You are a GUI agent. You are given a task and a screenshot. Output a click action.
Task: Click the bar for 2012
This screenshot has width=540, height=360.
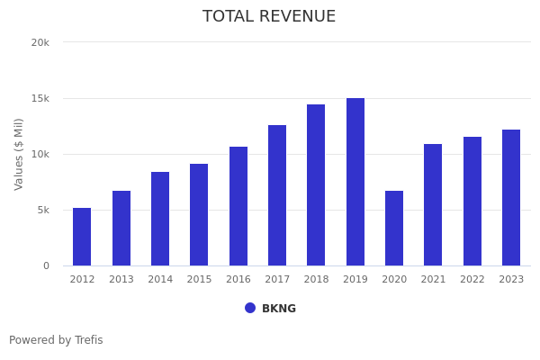(x=82, y=237)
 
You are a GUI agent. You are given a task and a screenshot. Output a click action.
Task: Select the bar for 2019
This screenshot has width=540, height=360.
(x=355, y=182)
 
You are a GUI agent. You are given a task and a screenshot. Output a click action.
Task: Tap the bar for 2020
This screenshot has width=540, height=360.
(x=394, y=228)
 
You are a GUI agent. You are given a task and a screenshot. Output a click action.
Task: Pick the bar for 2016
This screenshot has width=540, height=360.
(x=238, y=206)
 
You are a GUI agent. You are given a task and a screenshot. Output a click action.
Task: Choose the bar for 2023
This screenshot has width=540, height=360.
(x=511, y=197)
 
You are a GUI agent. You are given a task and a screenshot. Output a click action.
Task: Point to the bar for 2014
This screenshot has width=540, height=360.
(x=160, y=219)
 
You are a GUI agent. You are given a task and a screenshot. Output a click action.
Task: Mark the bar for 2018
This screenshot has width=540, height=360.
(x=316, y=184)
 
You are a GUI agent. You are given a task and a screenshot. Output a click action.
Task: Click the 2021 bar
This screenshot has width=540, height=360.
(x=433, y=204)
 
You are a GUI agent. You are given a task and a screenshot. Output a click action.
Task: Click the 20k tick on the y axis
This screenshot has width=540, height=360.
(x=40, y=42)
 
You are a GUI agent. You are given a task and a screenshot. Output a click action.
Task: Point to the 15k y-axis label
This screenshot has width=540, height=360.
(x=40, y=98)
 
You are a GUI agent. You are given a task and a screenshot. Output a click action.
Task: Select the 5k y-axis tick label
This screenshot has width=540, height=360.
(x=42, y=210)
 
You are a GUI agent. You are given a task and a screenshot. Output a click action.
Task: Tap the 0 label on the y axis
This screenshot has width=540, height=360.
(x=45, y=265)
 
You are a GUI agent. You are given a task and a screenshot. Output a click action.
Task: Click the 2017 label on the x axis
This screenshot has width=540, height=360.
(x=277, y=280)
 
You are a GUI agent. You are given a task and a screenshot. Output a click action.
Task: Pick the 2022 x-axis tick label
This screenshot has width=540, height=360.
(x=472, y=280)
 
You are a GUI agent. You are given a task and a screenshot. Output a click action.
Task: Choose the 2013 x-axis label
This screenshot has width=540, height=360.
(x=121, y=280)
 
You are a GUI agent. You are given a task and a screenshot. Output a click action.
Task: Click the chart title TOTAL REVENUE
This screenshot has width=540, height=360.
(x=269, y=17)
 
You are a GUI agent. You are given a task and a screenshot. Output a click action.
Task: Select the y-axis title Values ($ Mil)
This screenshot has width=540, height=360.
(x=19, y=154)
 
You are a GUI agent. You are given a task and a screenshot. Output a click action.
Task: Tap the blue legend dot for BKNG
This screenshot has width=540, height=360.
(x=250, y=308)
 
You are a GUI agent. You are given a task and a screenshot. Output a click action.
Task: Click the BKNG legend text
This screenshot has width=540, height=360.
(x=279, y=309)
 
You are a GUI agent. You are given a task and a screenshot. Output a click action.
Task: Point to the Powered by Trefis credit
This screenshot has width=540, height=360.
(x=56, y=340)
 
